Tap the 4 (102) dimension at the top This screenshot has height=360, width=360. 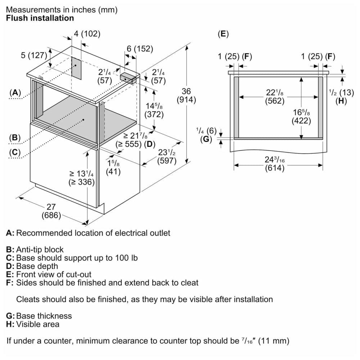click(x=87, y=34)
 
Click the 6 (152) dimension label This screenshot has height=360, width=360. click(x=140, y=49)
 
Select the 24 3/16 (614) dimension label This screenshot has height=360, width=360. click(x=275, y=164)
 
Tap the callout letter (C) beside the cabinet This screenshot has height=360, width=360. click(x=14, y=152)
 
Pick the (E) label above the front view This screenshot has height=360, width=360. click(x=223, y=34)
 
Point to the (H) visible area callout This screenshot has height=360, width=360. click(x=341, y=101)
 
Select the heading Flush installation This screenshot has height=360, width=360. click(x=40, y=18)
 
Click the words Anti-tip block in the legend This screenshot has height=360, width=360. click(x=40, y=249)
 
